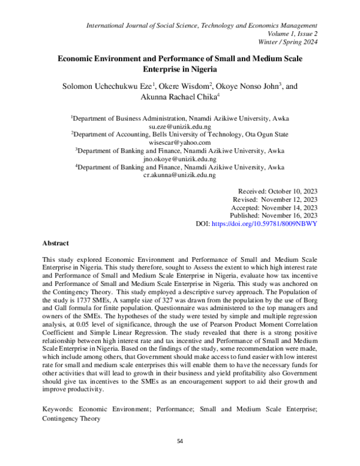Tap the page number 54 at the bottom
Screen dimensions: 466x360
tap(179, 441)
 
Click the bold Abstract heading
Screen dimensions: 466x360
tap(56, 243)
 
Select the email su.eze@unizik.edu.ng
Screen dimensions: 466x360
tap(179, 127)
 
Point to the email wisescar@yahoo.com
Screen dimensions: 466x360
tap(179, 143)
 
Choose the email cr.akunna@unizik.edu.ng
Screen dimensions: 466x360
tap(179, 175)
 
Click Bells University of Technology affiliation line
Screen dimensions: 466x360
tap(179, 135)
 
